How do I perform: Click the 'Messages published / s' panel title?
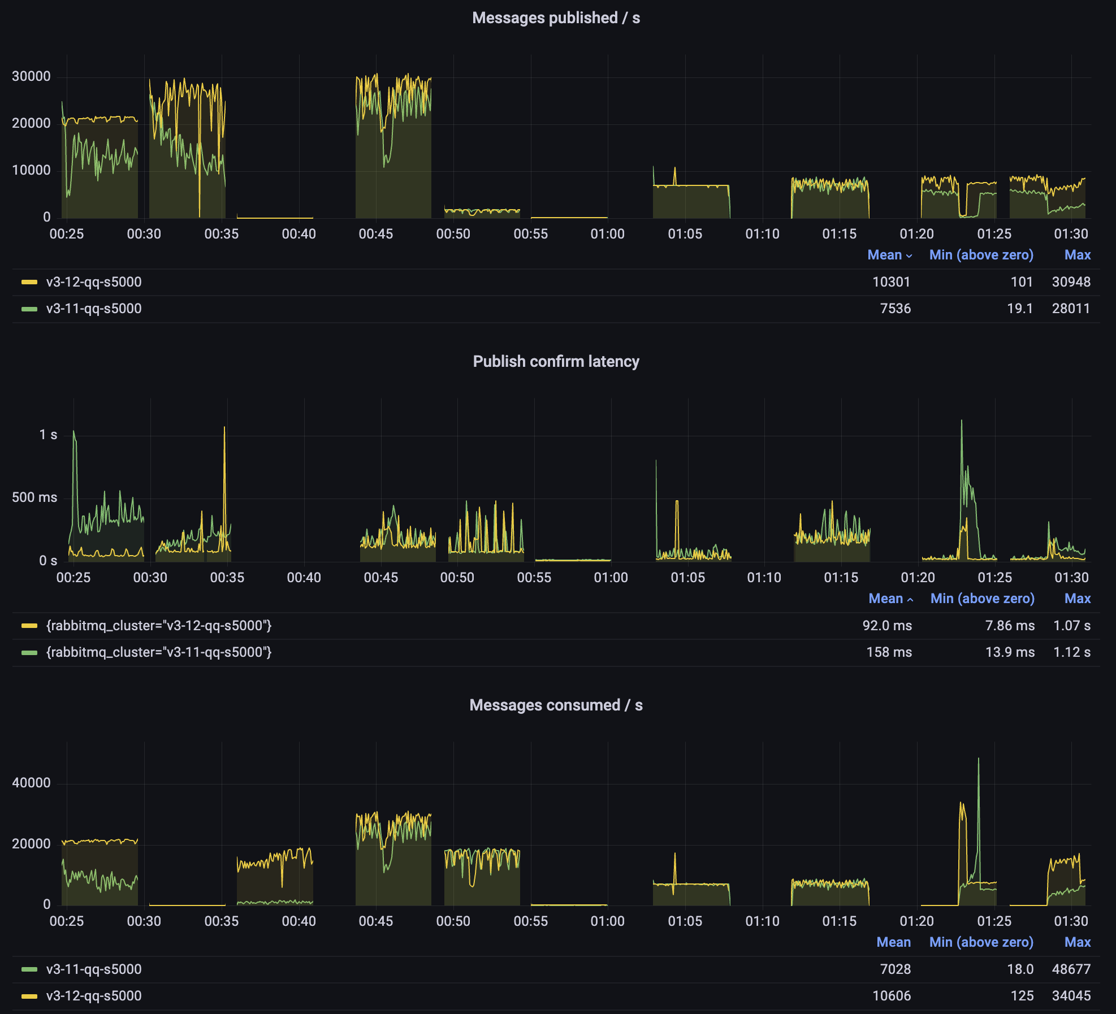556,18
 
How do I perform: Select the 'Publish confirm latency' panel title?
556,362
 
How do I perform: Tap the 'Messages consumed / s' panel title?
556,705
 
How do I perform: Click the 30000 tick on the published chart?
31,76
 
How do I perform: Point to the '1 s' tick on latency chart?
48,435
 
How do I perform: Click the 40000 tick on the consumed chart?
31,783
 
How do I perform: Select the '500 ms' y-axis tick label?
34,497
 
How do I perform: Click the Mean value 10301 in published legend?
891,282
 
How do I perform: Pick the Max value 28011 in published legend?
1071,309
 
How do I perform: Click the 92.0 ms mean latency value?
887,626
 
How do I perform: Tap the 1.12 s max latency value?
1072,652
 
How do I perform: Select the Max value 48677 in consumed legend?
1071,969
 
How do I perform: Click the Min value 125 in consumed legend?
1022,996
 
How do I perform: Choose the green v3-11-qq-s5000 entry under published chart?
93,309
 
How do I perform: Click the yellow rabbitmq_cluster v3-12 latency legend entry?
158,626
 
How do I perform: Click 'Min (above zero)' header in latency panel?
982,599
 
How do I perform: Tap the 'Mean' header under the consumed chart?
893,942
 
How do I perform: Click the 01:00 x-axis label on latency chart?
611,578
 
